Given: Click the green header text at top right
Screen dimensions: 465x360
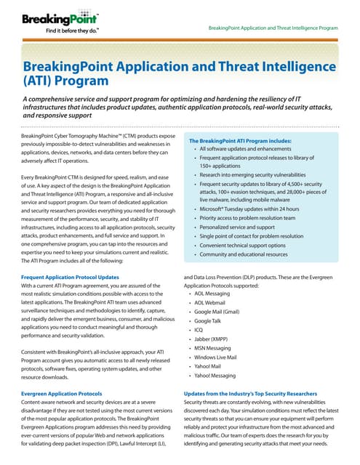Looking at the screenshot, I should (x=273, y=28).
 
